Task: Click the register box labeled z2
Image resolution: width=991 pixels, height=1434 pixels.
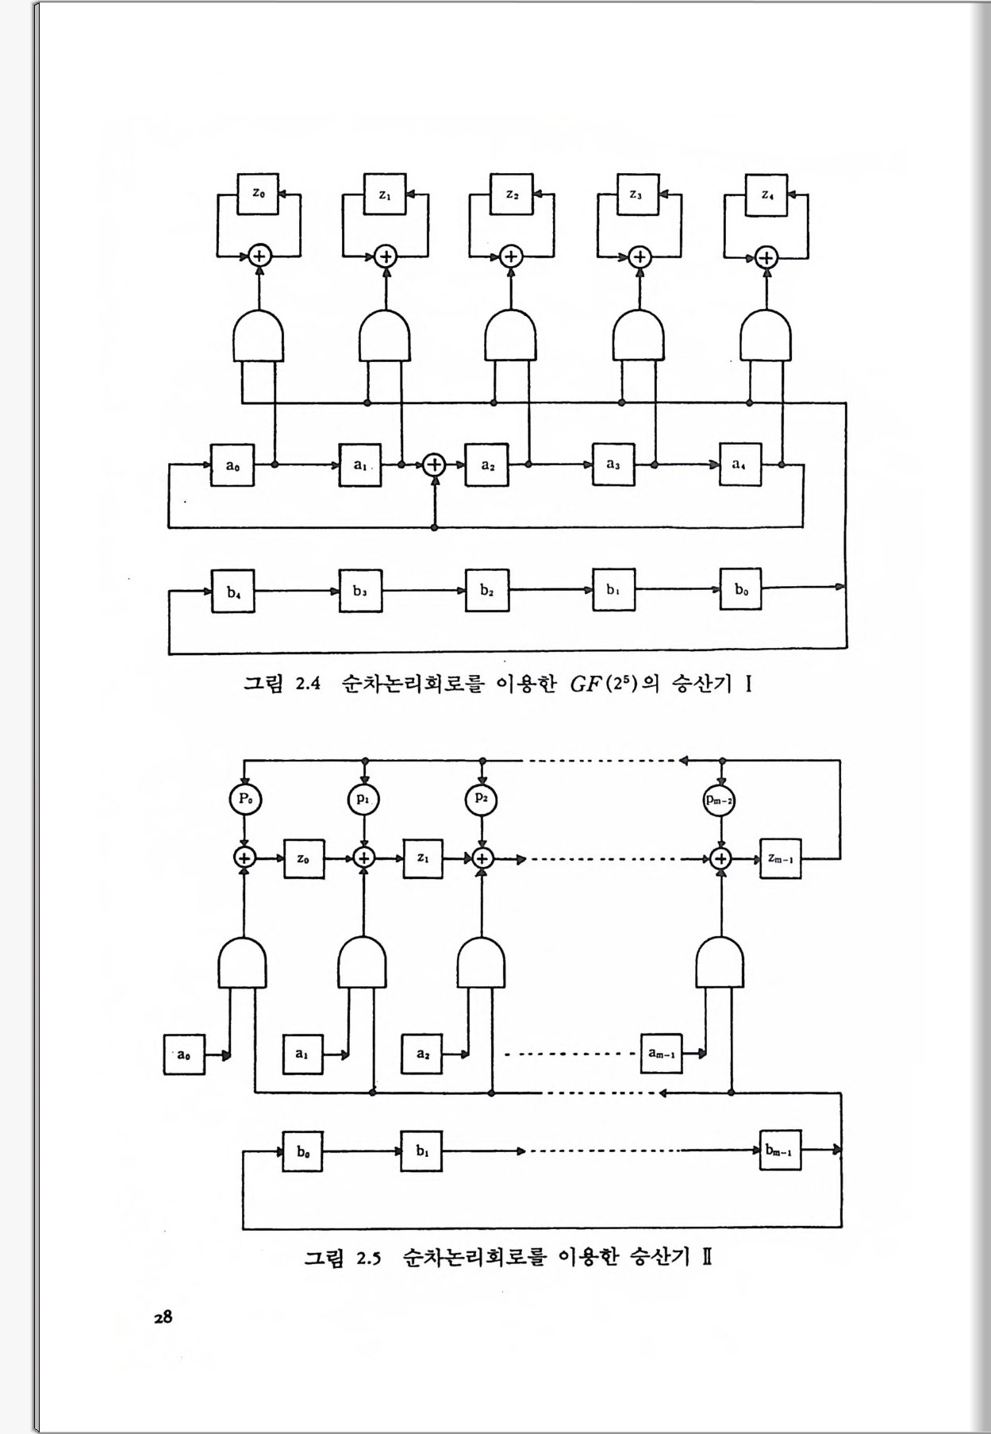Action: (512, 195)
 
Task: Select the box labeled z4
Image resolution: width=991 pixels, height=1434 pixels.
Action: (766, 195)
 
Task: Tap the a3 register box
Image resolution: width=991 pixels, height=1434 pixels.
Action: (613, 465)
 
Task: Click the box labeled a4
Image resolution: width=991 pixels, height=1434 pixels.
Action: (740, 465)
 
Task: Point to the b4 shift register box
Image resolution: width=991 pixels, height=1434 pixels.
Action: (232, 592)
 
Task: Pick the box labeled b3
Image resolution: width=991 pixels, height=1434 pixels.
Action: (360, 592)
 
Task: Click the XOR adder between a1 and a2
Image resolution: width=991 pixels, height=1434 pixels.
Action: (434, 465)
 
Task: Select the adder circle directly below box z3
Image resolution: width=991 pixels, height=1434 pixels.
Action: (640, 256)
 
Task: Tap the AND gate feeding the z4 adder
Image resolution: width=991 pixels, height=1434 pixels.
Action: (766, 335)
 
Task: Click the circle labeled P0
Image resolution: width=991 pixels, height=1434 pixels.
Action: (245, 798)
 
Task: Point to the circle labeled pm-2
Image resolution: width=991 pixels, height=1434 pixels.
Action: (720, 800)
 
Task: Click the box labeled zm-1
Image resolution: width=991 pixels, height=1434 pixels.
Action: (780, 858)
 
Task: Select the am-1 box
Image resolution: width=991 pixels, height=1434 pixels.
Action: (662, 1054)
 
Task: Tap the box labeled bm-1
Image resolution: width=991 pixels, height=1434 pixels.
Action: (779, 1151)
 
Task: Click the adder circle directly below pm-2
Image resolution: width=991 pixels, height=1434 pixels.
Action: (720, 858)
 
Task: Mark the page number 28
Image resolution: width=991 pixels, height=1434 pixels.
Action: (163, 1316)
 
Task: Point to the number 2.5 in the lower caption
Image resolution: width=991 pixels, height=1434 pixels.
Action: (368, 1258)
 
